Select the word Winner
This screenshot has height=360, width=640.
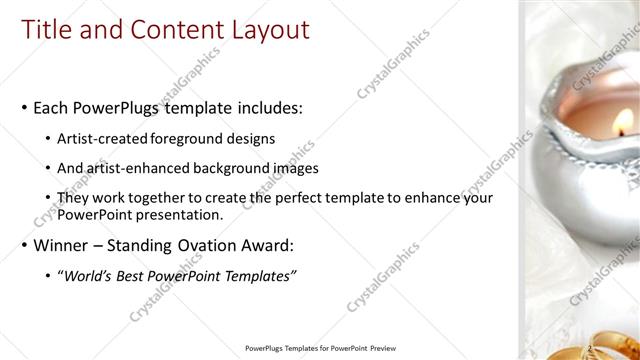(x=63, y=245)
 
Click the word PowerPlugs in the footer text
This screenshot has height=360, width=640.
(x=269, y=348)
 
